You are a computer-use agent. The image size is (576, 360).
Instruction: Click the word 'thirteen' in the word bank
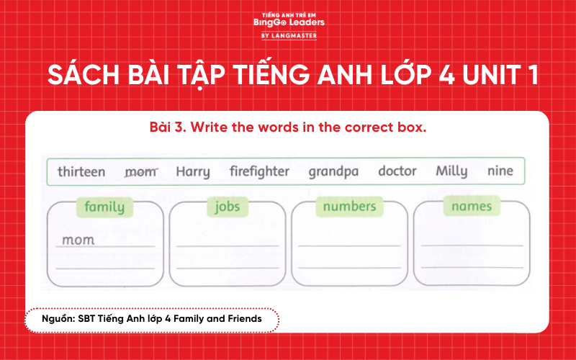point(81,171)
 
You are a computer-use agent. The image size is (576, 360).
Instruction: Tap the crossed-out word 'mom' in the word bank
point(140,171)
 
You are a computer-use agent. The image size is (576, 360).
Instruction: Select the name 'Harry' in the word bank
point(193,171)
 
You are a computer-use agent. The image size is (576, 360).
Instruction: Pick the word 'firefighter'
point(259,171)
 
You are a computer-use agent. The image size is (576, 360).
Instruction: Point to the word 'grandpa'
point(333,172)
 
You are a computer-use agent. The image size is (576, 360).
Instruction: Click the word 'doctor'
point(397,171)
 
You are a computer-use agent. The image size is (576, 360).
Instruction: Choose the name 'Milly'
point(451,171)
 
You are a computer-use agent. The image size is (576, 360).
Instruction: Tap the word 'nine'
point(500,171)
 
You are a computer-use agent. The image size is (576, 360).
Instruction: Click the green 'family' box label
point(104,207)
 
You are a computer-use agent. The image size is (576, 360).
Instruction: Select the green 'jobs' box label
point(228,207)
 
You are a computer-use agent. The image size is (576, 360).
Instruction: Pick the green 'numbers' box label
point(349,207)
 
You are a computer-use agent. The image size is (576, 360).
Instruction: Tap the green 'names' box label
point(472,207)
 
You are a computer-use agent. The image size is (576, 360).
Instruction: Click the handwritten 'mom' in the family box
point(78,240)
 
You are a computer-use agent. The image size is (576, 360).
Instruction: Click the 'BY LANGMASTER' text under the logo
point(288,35)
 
